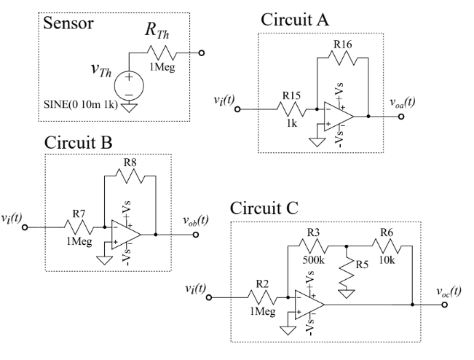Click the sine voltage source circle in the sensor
tap(130, 82)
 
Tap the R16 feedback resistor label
tap(343, 65)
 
